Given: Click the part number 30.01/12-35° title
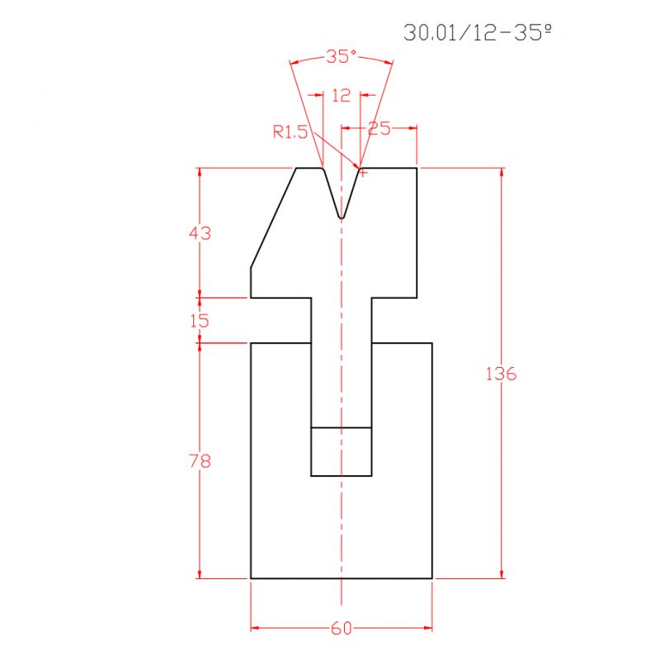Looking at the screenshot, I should [x=477, y=33].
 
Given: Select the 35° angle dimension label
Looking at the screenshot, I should [x=341, y=57].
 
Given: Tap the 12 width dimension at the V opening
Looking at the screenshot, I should [x=341, y=96].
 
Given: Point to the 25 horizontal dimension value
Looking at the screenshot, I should [x=379, y=128].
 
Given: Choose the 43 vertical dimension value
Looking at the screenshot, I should [x=200, y=233].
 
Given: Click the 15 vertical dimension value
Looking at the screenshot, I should [x=200, y=321].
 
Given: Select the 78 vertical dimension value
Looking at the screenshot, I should [x=200, y=461].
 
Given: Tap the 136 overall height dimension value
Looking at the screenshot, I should [x=501, y=374].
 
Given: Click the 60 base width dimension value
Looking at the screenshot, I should [x=341, y=629].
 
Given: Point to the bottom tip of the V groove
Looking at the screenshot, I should [x=341, y=219].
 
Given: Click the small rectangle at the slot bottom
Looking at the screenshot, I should [x=341, y=452].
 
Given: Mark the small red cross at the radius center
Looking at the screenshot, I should [x=362, y=172].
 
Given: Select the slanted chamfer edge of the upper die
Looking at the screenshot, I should [x=273, y=218].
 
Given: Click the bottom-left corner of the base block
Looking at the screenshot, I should [x=251, y=578].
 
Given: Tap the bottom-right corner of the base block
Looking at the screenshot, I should [x=432, y=578].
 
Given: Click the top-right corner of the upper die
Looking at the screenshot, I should [x=417, y=168].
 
